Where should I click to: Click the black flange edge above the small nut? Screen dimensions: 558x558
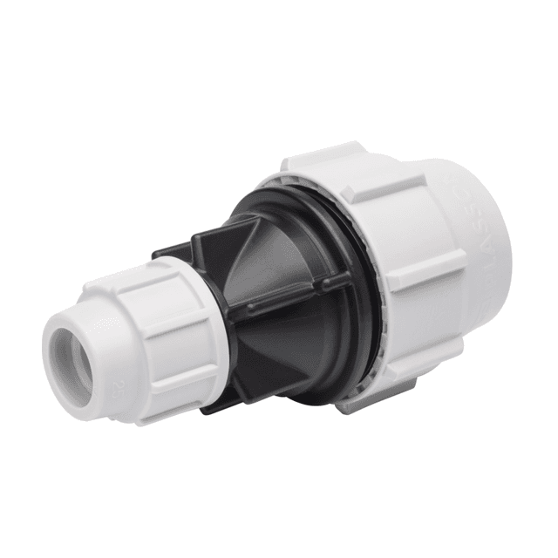pos(174,248)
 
